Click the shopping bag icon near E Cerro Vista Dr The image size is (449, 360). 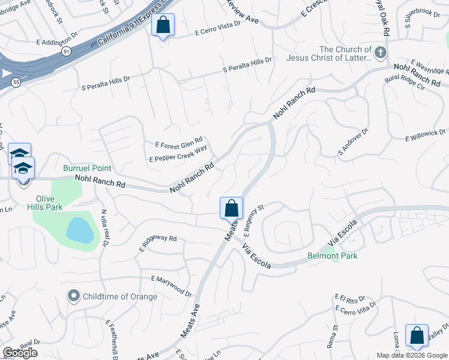click(x=163, y=25)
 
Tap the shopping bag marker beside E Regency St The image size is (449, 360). click(x=232, y=209)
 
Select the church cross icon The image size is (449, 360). click(x=379, y=53)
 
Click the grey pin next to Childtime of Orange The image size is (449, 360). click(x=74, y=296)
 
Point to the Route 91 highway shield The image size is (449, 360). click(x=65, y=52)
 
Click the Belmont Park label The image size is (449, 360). click(x=332, y=256)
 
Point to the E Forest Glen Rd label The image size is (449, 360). click(x=179, y=141)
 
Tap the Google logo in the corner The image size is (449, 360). click(x=20, y=353)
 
